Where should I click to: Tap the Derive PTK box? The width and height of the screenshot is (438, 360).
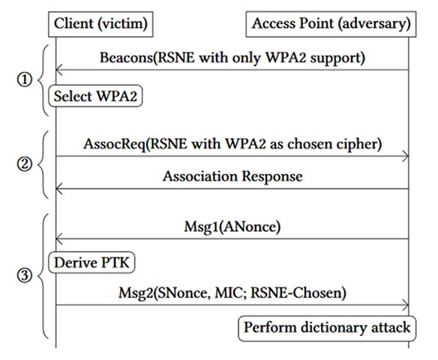[x=94, y=262]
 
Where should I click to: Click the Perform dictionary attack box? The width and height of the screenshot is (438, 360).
[x=326, y=327]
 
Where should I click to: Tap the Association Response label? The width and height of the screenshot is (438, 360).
[x=232, y=176]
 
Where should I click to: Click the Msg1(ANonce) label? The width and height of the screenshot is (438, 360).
[x=232, y=224]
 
